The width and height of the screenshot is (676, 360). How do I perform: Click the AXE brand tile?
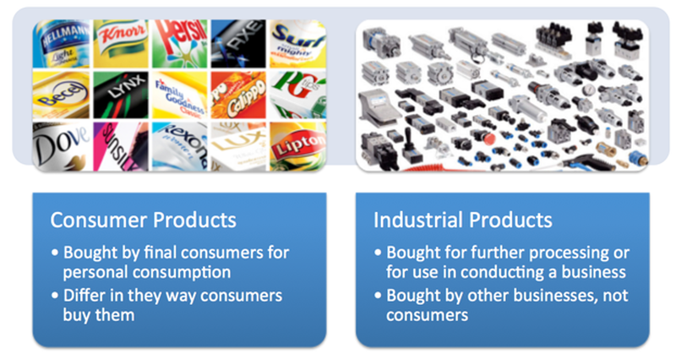point(237,40)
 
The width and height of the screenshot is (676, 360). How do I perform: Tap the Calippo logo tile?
point(237,94)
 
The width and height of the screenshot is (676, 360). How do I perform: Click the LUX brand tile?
point(237,145)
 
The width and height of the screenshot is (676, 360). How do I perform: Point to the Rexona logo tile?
point(178,145)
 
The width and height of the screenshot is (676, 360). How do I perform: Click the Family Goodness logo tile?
point(178,94)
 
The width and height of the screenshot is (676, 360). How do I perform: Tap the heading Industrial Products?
point(463,221)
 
